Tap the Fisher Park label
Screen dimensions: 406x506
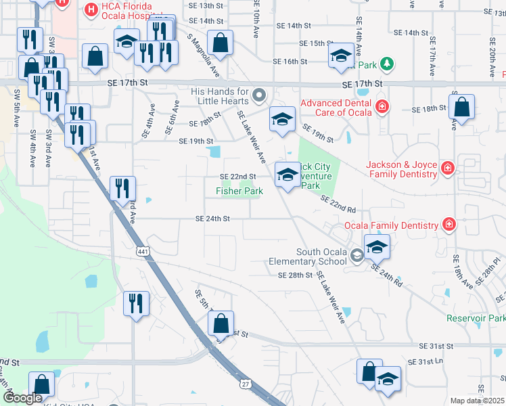pyautogui.click(x=239, y=191)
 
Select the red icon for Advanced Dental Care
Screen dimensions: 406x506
pyautogui.click(x=382, y=107)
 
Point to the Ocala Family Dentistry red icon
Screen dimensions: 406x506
pyautogui.click(x=448, y=224)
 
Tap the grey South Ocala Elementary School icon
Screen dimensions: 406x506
pyautogui.click(x=357, y=256)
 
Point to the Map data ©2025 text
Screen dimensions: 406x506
pyautogui.click(x=477, y=401)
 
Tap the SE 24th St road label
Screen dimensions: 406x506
pyautogui.click(x=213, y=219)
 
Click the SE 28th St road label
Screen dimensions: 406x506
pyautogui.click(x=295, y=275)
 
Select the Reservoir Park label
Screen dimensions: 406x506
pyautogui.click(x=476, y=318)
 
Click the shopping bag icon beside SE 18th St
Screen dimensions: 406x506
pyautogui.click(x=461, y=107)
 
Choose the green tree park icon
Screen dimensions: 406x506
pyautogui.click(x=386, y=64)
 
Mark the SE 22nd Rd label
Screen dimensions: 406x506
pyautogui.click(x=338, y=204)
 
